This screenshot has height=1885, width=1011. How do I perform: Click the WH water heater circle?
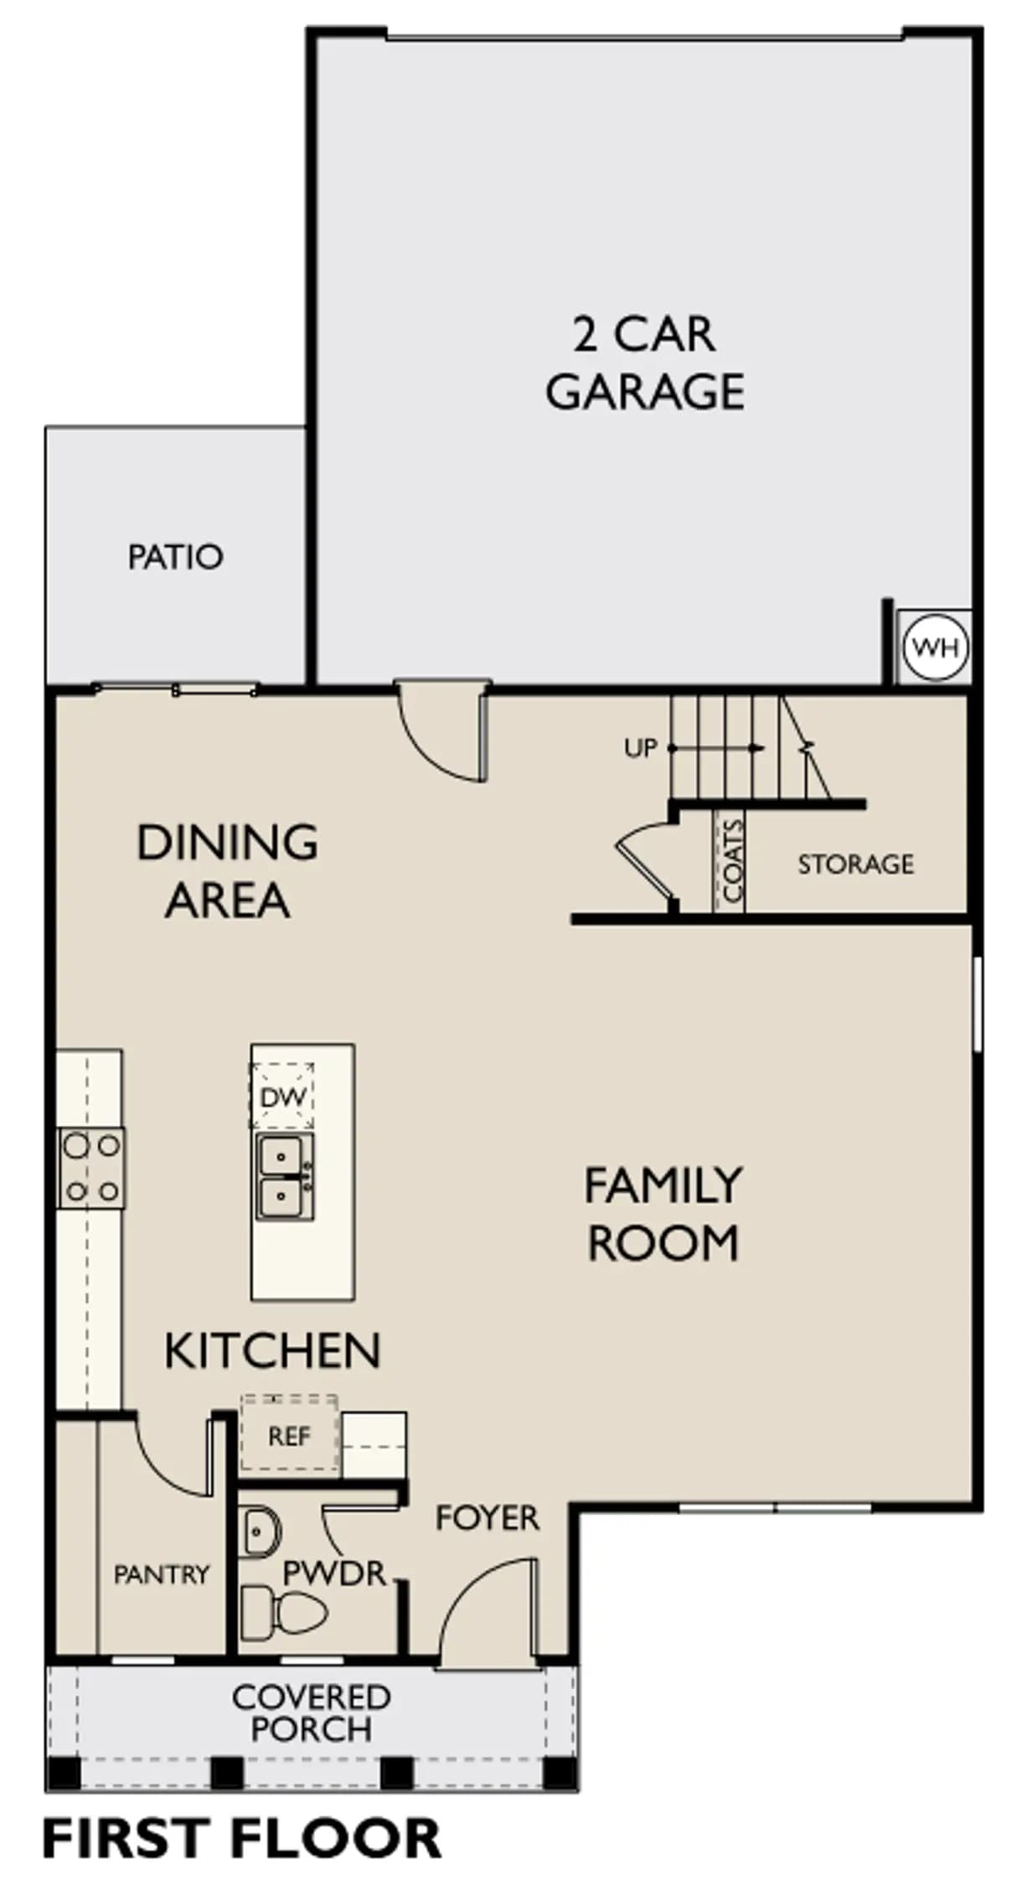pyautogui.click(x=934, y=647)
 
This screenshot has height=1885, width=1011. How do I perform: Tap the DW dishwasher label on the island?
pyautogui.click(x=283, y=1097)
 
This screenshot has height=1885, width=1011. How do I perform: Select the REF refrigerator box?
pyautogui.click(x=290, y=1436)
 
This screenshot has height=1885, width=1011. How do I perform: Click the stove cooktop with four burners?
pyautogui.click(x=91, y=1168)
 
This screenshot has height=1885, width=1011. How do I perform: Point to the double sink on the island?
pyautogui.click(x=285, y=1176)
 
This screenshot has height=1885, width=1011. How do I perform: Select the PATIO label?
pyautogui.click(x=176, y=557)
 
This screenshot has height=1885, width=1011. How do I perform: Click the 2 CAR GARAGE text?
pyautogui.click(x=645, y=363)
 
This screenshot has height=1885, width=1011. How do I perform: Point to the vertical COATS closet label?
pyautogui.click(x=732, y=861)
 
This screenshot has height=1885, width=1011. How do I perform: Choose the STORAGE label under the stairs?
pyautogui.click(x=855, y=864)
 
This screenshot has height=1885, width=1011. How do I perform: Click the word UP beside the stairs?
pyautogui.click(x=641, y=748)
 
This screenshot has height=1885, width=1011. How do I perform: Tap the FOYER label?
pyautogui.click(x=487, y=1518)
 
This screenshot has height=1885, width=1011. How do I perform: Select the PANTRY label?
pyautogui.click(x=162, y=1574)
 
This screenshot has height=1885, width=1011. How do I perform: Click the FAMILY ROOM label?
pyautogui.click(x=663, y=1213)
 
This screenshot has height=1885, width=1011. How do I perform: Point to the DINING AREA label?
pyautogui.click(x=227, y=871)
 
